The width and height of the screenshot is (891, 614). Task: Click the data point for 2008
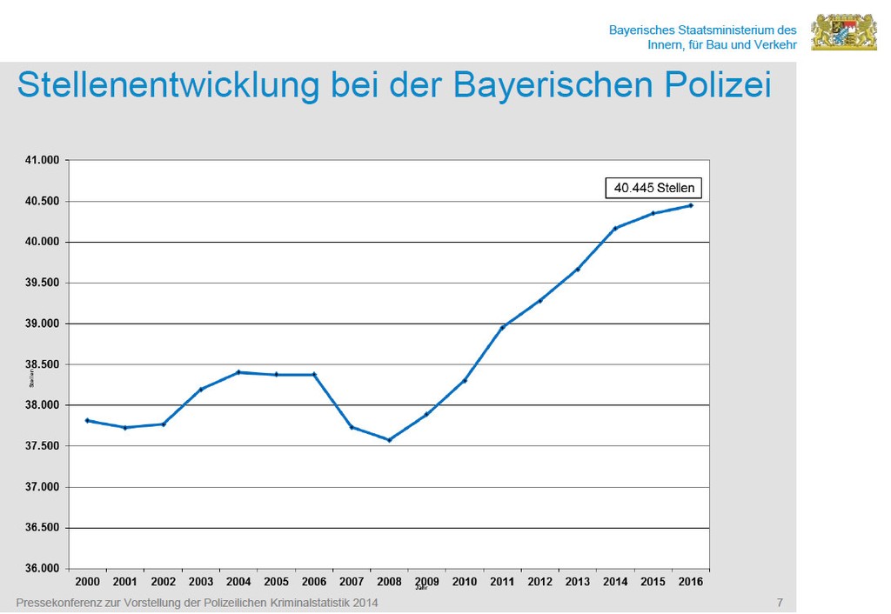coord(389,440)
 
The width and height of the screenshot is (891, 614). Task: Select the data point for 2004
coord(238,372)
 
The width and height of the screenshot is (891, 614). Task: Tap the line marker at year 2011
coord(502,327)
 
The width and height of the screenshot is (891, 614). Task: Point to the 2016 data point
coord(691,205)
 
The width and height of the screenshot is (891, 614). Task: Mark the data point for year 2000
coord(87,421)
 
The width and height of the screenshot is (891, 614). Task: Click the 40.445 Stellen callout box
coord(654,188)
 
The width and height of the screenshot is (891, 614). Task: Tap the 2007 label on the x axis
coord(352,582)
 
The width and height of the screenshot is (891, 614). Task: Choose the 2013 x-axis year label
coord(577,582)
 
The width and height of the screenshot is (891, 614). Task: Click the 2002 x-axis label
coord(163,582)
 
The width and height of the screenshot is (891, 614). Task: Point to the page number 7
coord(780,603)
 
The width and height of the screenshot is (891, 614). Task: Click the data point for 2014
coord(615,229)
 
